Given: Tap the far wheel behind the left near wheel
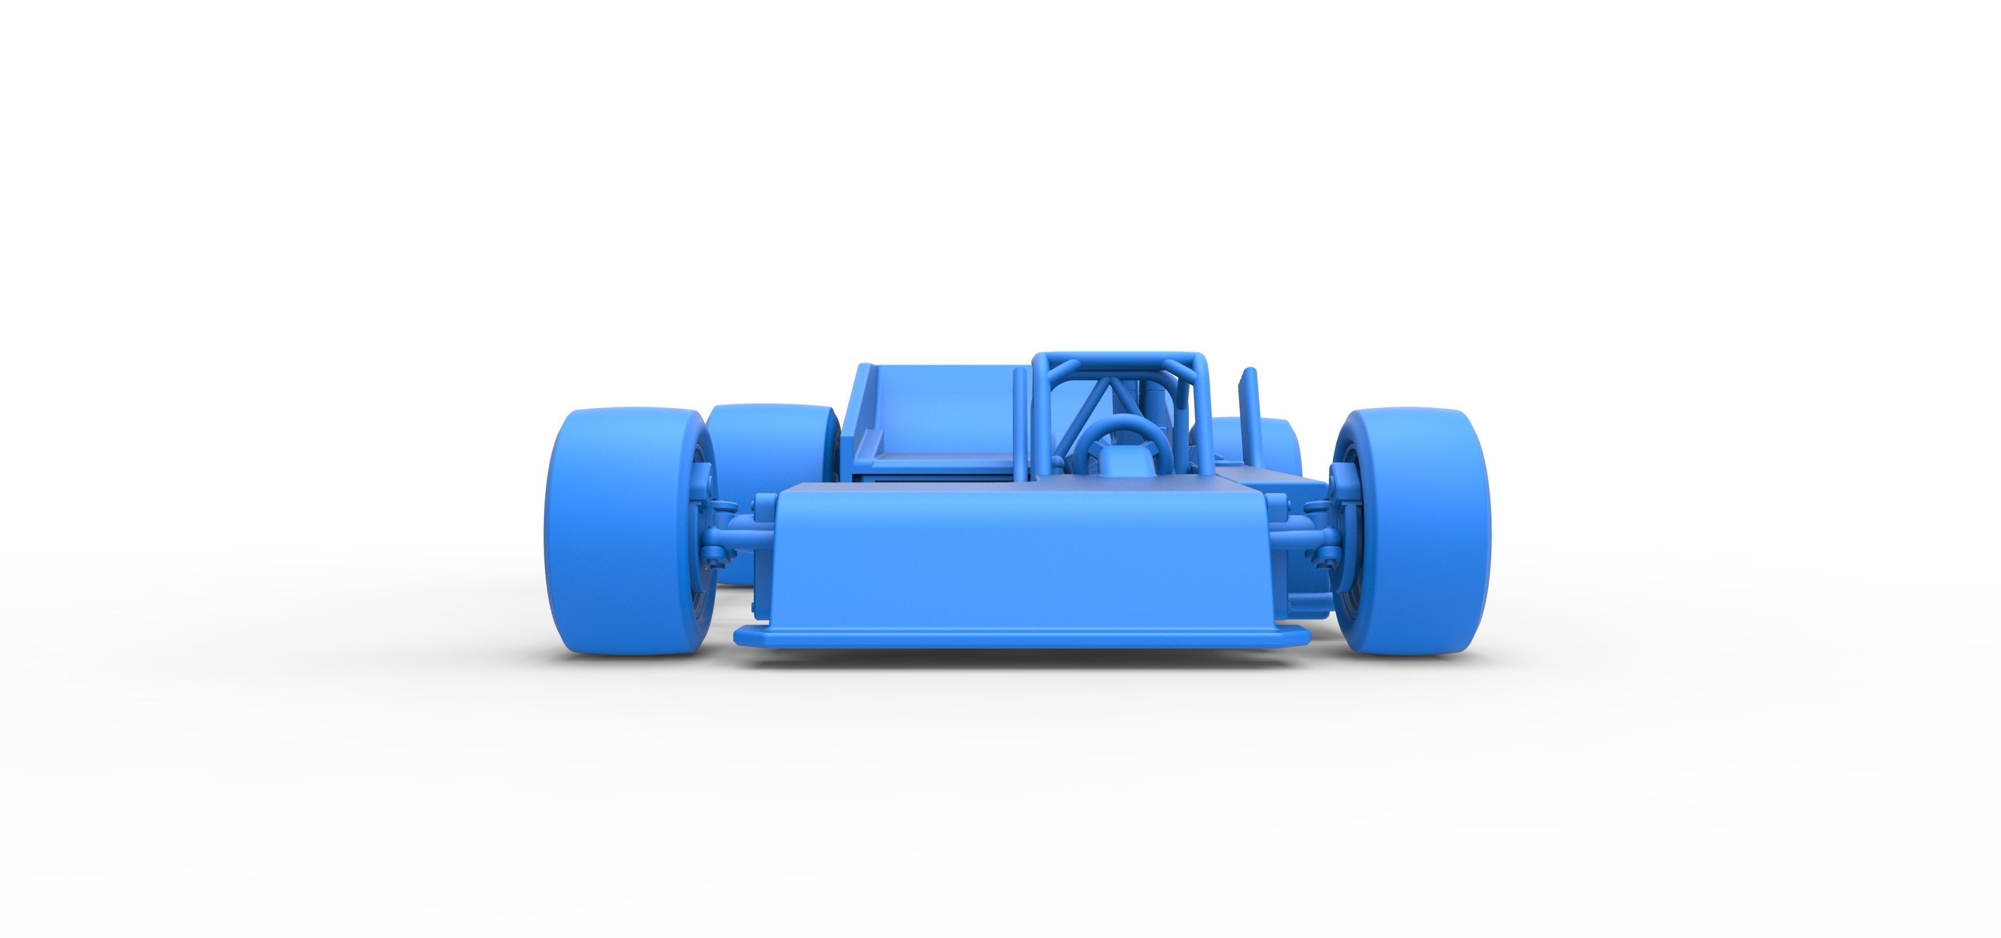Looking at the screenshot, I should click(769, 435).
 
